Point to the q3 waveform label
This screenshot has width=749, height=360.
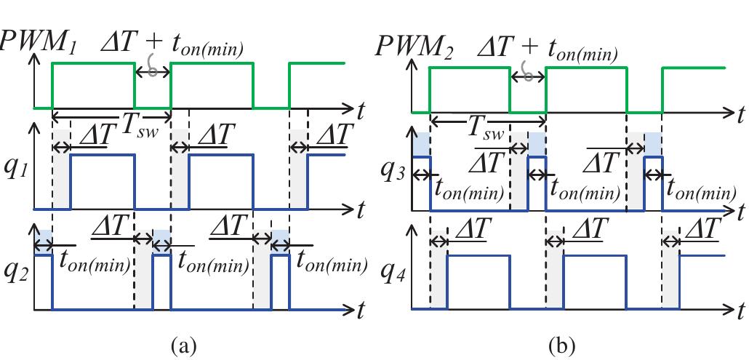(x=396, y=172)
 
